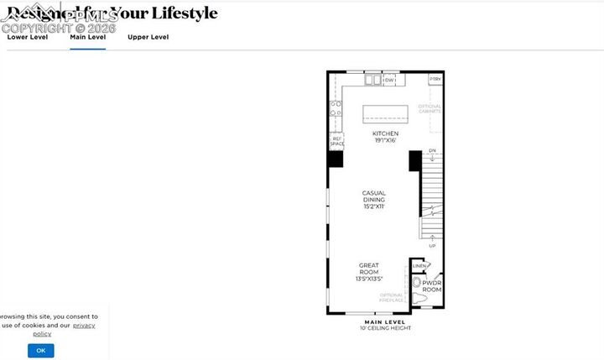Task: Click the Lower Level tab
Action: (x=28, y=37)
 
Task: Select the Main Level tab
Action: (x=87, y=37)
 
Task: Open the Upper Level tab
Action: (x=148, y=37)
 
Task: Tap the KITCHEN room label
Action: (x=385, y=134)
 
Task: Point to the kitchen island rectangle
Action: (x=385, y=113)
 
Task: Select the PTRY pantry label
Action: (x=435, y=79)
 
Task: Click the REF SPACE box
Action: (x=336, y=141)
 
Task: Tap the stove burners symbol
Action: (x=336, y=108)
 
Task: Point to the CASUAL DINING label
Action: (x=374, y=199)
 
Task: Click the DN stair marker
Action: (x=432, y=151)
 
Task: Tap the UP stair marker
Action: (x=432, y=246)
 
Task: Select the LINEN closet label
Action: (x=418, y=266)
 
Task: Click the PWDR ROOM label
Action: (x=431, y=286)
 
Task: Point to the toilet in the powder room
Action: (x=418, y=299)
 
